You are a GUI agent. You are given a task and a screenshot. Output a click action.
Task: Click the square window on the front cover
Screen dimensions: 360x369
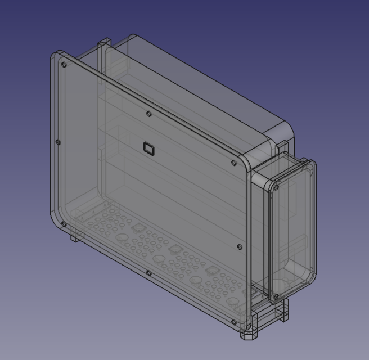tap(148, 148)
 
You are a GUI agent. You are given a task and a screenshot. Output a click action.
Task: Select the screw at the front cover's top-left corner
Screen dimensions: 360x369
tap(64, 65)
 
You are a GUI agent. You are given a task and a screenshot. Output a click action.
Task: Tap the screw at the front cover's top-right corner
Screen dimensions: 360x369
tap(234, 163)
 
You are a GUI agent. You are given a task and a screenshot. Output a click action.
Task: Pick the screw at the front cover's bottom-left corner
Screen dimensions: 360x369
tap(63, 224)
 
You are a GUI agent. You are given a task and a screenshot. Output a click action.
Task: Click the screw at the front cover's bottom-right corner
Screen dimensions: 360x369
tap(233, 322)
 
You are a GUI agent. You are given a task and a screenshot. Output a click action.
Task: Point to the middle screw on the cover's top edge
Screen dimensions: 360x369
tap(148, 114)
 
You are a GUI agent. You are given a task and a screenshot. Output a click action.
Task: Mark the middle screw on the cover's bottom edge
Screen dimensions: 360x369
tap(148, 273)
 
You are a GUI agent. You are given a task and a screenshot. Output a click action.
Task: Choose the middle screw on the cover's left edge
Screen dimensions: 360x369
tap(58, 143)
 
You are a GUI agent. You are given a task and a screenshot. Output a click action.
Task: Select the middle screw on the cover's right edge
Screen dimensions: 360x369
tap(240, 246)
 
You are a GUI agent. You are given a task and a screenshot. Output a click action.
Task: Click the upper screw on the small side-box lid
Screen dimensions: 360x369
tap(277, 187)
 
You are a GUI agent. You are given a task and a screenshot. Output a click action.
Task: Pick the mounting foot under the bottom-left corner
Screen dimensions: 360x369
tap(75, 237)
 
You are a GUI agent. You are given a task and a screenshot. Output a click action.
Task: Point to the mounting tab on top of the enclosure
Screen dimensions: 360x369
tap(105, 44)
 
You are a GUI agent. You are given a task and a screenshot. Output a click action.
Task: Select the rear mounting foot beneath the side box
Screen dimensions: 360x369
tap(281, 312)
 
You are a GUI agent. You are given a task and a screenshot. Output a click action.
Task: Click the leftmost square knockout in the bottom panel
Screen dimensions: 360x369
tap(136, 228)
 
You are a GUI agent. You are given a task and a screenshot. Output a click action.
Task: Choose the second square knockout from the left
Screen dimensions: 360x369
tap(175, 249)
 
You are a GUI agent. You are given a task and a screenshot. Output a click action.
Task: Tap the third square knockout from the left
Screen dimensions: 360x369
tap(211, 271)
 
